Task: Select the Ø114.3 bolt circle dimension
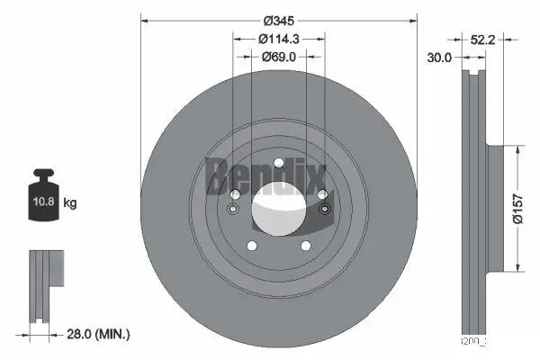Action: [278, 39]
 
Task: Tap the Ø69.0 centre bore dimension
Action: [278, 56]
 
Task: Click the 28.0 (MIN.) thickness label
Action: [99, 334]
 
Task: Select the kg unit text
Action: [71, 204]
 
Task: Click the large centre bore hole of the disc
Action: [278, 208]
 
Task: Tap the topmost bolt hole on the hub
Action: [278, 163]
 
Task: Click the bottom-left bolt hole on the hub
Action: [252, 245]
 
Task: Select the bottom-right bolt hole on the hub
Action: [305, 245]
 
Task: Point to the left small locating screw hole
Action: [232, 211]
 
